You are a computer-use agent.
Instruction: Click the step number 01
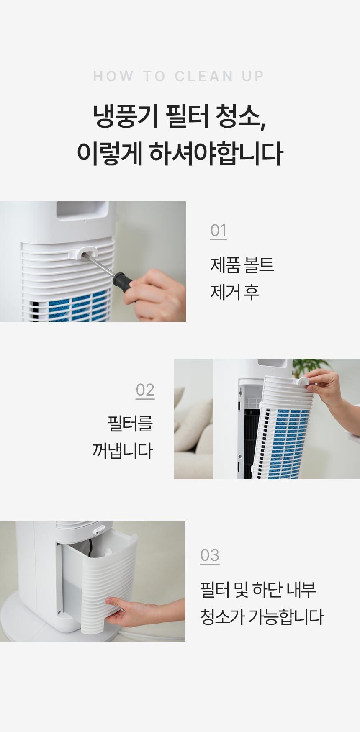click(218, 231)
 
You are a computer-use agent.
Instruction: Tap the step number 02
click(145, 390)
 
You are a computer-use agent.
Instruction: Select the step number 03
click(210, 555)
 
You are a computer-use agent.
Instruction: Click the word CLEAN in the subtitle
click(204, 76)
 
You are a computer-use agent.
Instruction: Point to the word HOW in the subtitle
click(113, 76)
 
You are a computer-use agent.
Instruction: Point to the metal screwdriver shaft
click(99, 265)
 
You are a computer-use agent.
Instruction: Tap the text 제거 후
click(234, 292)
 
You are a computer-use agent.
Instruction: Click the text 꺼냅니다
click(122, 451)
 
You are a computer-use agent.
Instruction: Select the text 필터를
click(130, 424)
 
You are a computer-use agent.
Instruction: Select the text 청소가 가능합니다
click(262, 616)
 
